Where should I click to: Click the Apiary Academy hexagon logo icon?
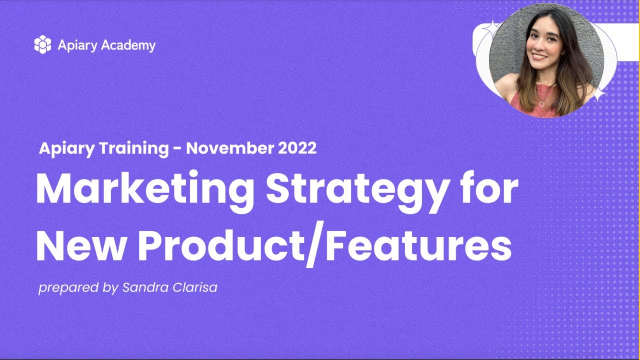[43, 44]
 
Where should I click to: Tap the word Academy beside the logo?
[128, 45]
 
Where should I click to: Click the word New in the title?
[80, 245]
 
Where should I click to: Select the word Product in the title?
[221, 245]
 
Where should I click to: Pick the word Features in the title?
[418, 245]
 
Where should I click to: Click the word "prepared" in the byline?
[68, 287]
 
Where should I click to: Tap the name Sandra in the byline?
[145, 287]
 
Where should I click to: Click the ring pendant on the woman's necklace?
[541, 104]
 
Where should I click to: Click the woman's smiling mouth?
[539, 56]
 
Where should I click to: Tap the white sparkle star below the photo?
[598, 94]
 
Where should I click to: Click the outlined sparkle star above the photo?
[492, 28]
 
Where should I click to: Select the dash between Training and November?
[177, 149]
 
